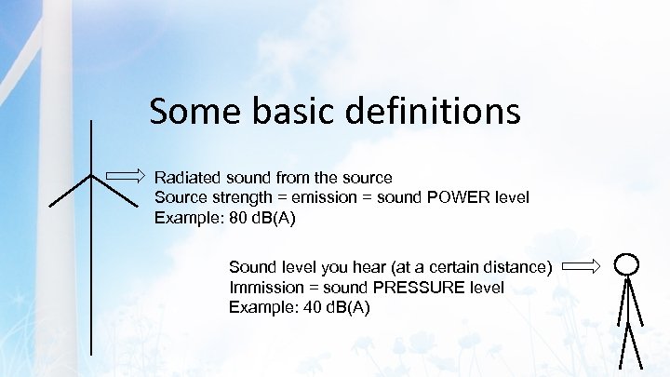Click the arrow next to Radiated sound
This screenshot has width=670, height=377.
pyautogui.click(x=126, y=176)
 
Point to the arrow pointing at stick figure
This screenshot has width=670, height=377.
pyautogui.click(x=583, y=267)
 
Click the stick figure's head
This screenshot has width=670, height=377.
pyautogui.click(x=627, y=263)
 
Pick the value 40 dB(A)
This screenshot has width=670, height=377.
pyautogui.click(x=337, y=307)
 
